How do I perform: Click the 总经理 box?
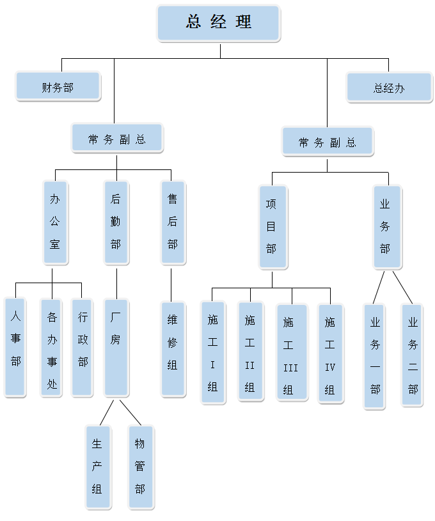pyautogui.click(x=218, y=23)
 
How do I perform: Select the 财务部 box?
pyautogui.click(x=58, y=86)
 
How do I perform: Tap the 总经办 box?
pyautogui.click(x=389, y=88)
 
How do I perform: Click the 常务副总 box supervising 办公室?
pyautogui.click(x=117, y=138)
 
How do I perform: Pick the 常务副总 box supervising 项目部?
pyautogui.click(x=327, y=142)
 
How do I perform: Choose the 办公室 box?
pyautogui.click(x=55, y=222)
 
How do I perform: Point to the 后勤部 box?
pyautogui.click(x=116, y=222)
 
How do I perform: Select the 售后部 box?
pyautogui.click(x=173, y=222)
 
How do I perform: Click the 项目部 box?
pyautogui.click(x=271, y=227)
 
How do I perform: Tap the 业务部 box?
pyautogui.click(x=386, y=227)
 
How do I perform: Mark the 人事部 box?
pyautogui.click(x=15, y=346)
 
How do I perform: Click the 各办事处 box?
pyautogui.click(x=52, y=346)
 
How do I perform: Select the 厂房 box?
pyautogui.click(x=116, y=346)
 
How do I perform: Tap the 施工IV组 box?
pyautogui.click(x=330, y=352)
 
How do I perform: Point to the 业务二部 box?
pyautogui.click(x=413, y=355)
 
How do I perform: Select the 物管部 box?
pyautogui.click(x=140, y=467)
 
